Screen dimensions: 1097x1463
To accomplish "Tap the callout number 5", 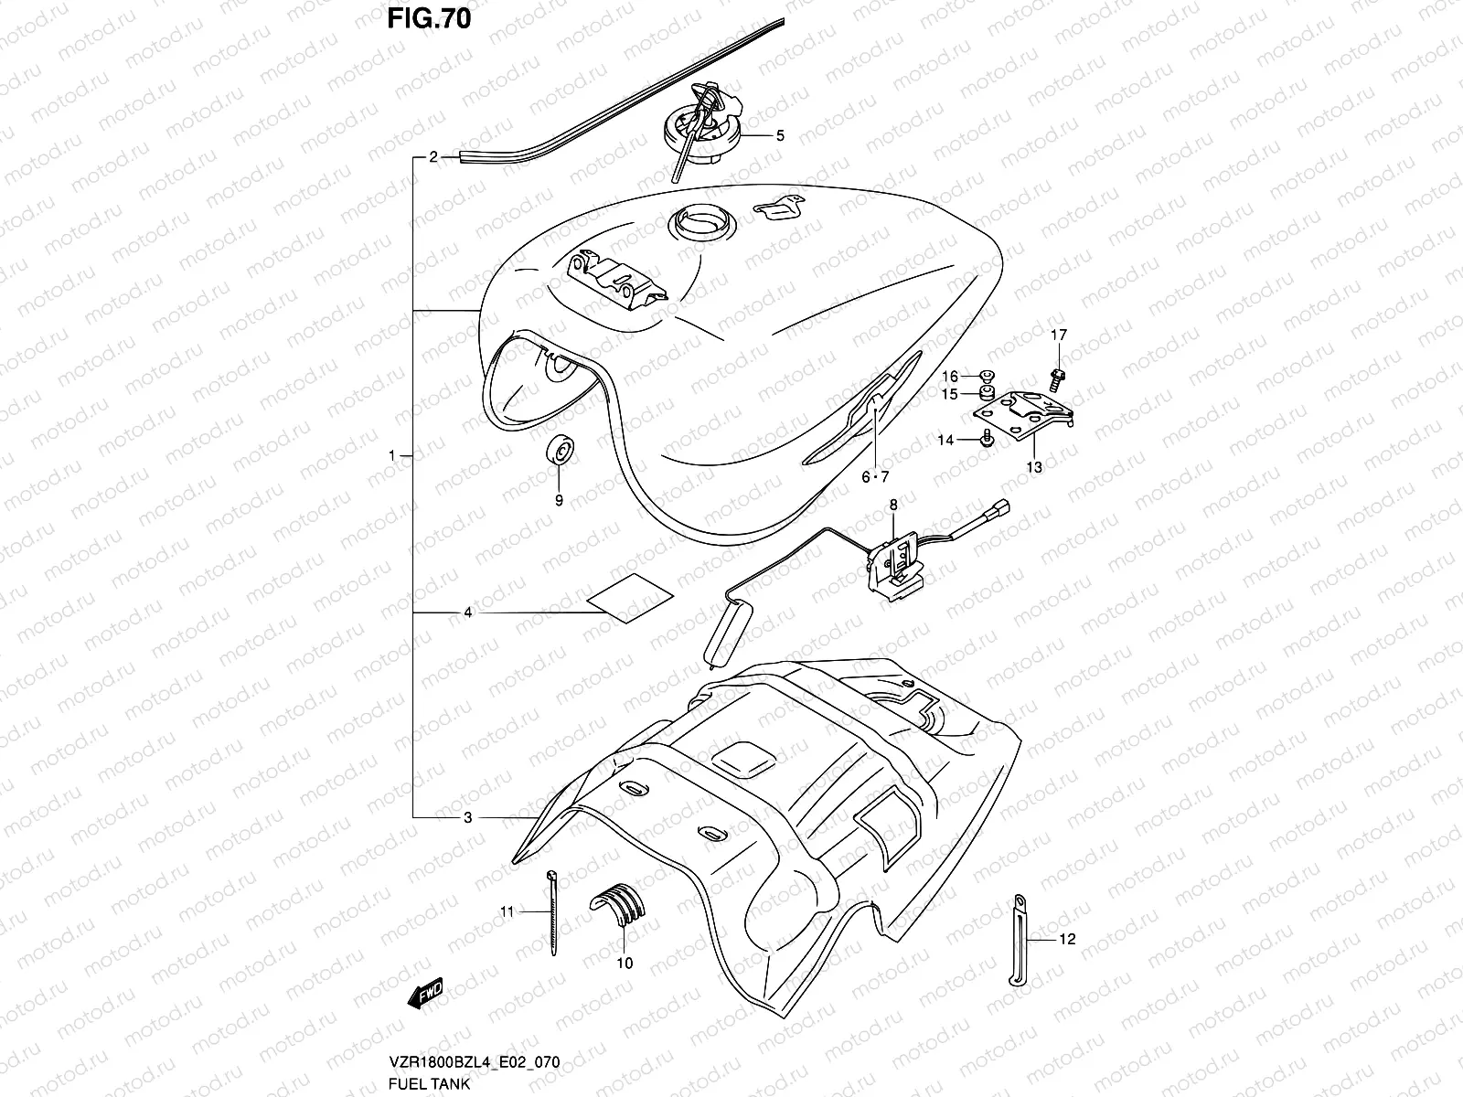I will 779,136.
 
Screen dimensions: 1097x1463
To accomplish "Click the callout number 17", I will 1058,335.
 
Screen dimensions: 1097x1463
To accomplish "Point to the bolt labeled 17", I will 1058,376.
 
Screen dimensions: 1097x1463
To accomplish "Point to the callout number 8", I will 893,504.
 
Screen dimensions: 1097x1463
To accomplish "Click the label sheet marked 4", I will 630,599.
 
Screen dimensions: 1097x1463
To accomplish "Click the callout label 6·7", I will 874,476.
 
